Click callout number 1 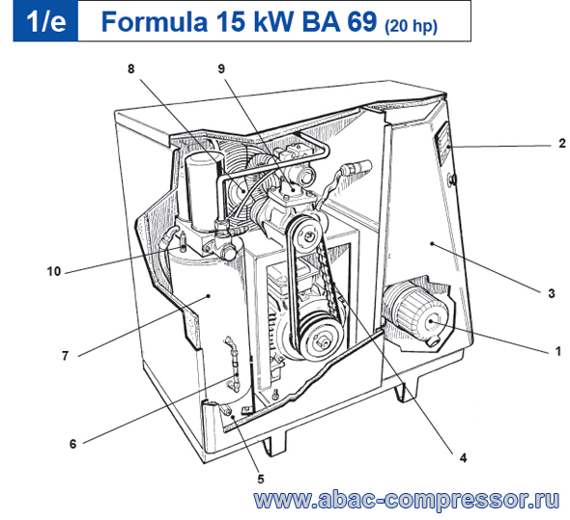[x=557, y=351]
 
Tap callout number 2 [x=562, y=144]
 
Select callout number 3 [x=552, y=293]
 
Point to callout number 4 [x=463, y=458]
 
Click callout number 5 [x=261, y=479]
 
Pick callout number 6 [x=73, y=444]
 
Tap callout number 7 [x=65, y=355]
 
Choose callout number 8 [x=130, y=68]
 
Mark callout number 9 [x=221, y=68]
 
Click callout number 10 [x=54, y=271]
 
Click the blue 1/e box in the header [x=45, y=21]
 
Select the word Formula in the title [x=155, y=21]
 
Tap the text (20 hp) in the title [x=411, y=25]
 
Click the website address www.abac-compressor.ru [x=407, y=500]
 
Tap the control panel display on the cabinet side [x=444, y=143]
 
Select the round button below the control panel [x=452, y=178]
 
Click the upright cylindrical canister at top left [x=202, y=191]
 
